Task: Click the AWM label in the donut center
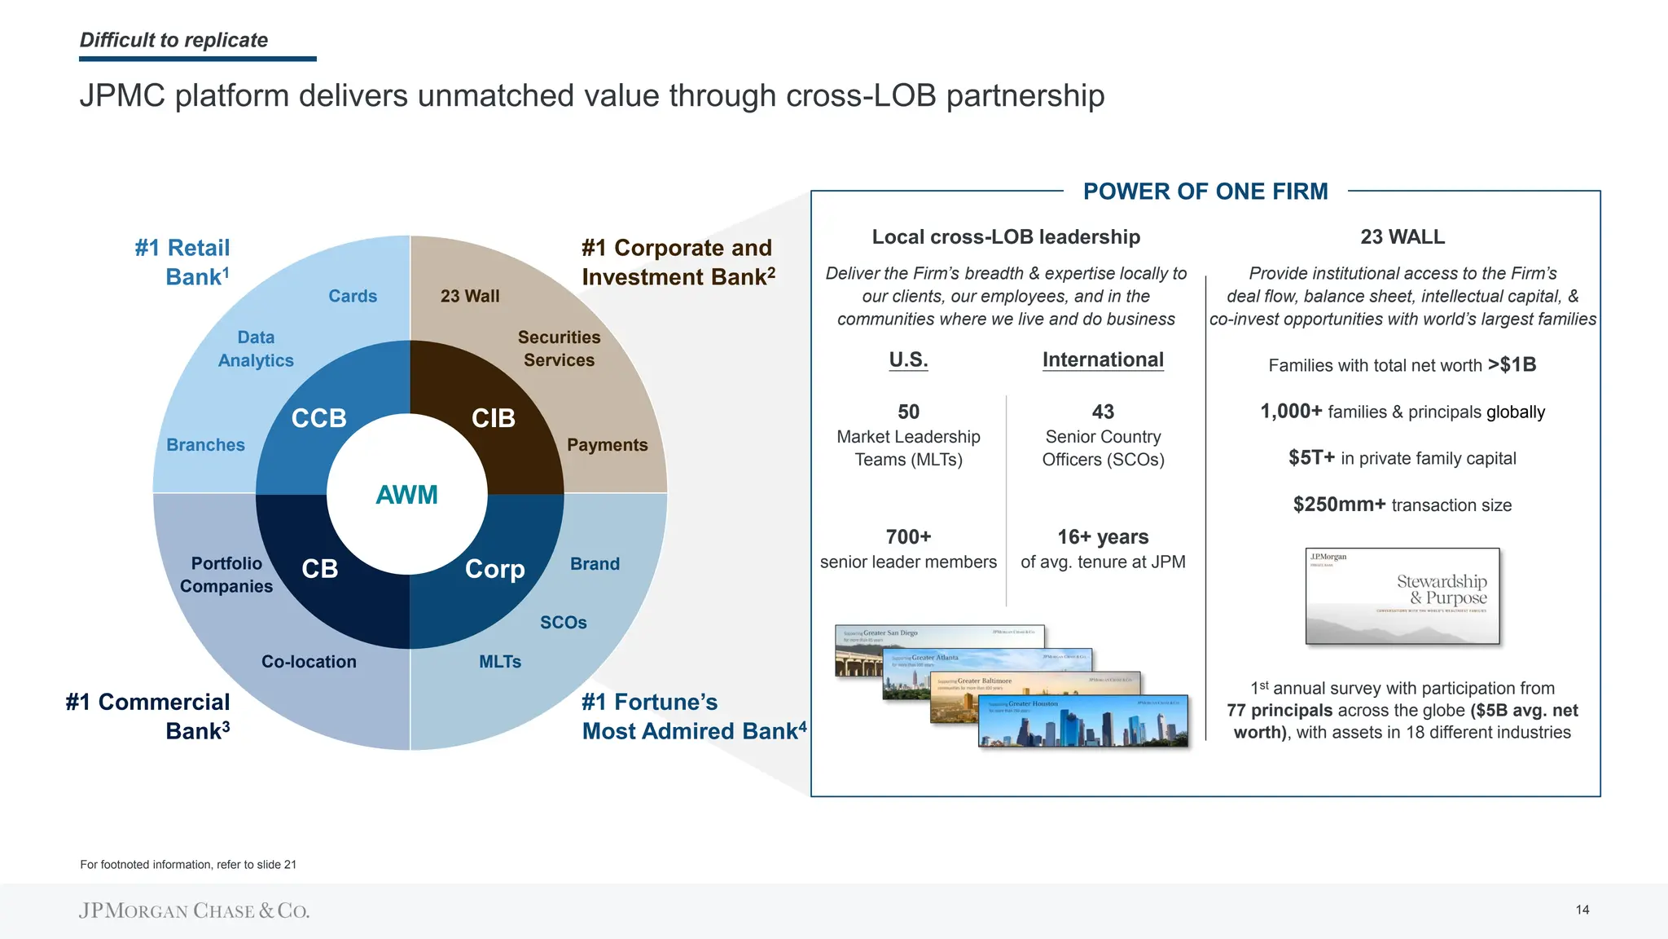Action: tap(406, 495)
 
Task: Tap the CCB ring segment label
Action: tap(319, 418)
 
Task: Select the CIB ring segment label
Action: tap(494, 418)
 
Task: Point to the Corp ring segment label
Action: tap(495, 569)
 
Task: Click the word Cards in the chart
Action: tap(353, 296)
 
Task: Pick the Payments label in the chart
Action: tap(608, 445)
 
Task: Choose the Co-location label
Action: tap(309, 662)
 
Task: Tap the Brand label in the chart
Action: tap(595, 564)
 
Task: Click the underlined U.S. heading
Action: tap(908, 359)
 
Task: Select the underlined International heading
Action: tap(1103, 359)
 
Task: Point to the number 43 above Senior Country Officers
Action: tap(1103, 412)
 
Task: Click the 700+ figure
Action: tap(908, 537)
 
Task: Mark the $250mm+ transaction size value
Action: tap(1339, 505)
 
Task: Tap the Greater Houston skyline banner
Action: tap(1083, 721)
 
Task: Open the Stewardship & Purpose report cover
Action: tap(1402, 596)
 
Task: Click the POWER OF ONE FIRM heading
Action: tap(1205, 192)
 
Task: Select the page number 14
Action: tap(1582, 910)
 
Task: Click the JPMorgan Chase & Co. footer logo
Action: tap(194, 910)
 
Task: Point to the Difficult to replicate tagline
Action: tap(173, 40)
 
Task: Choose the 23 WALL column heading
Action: tap(1402, 237)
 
